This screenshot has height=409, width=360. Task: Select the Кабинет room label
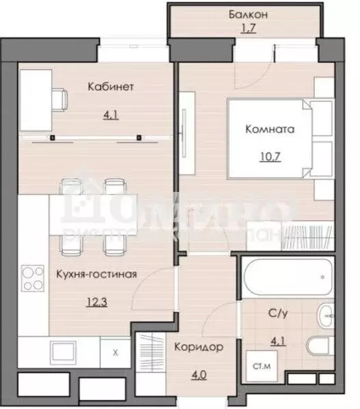pyautogui.click(x=110, y=87)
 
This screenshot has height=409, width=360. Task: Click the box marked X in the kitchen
pyautogui.click(x=115, y=354)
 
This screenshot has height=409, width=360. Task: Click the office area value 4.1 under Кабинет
pyautogui.click(x=110, y=115)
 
